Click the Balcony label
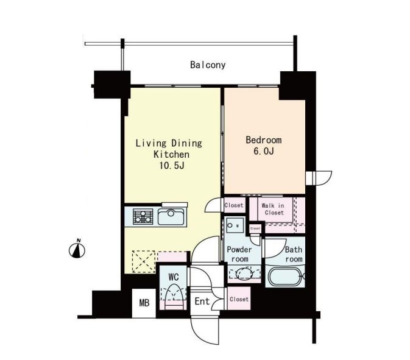point(208,65)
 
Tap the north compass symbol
point(77,249)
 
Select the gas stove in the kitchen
point(143,216)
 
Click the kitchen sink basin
point(171,217)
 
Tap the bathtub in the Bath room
point(285,276)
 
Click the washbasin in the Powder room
point(245,274)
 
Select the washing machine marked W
point(235,225)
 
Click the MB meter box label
point(144,303)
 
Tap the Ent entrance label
point(202,301)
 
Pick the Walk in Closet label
point(274,209)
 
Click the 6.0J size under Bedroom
point(264,151)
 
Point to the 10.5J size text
point(172,166)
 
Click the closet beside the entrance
point(239,298)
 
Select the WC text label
point(174,277)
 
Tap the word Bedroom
point(264,140)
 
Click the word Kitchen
point(172,154)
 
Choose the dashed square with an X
point(144,262)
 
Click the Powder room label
point(239,254)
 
